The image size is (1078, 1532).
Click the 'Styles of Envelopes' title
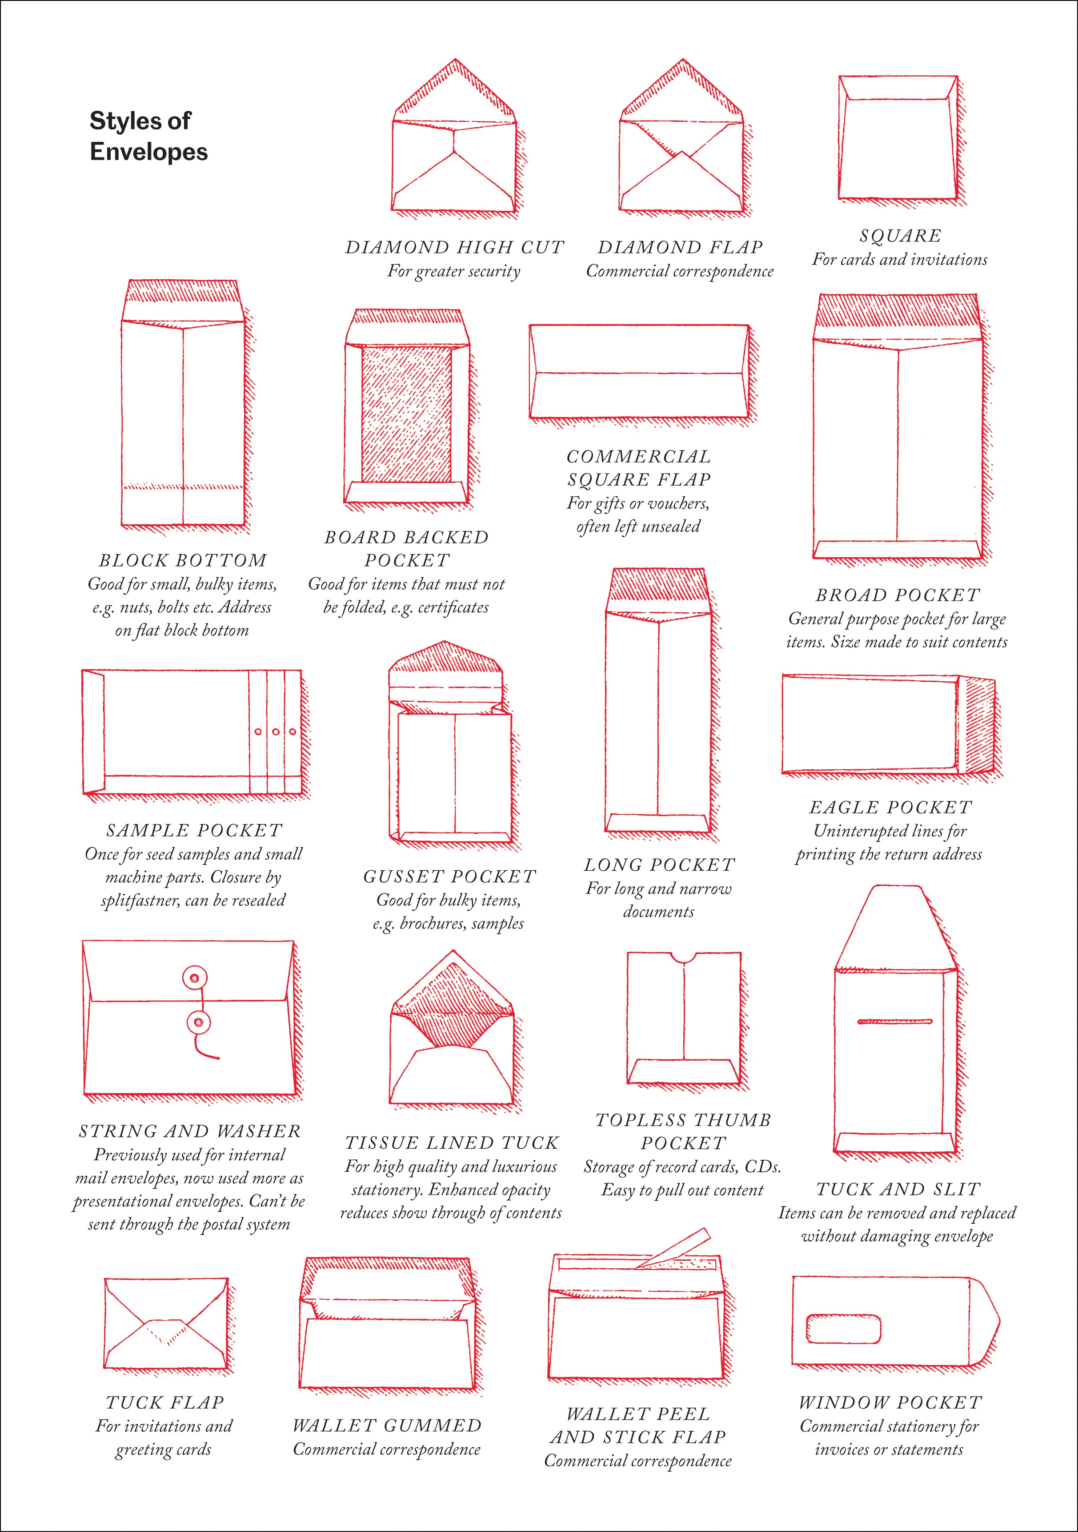tap(148, 136)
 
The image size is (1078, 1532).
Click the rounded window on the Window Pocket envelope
tap(843, 1328)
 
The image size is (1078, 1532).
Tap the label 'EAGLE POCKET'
tap(890, 808)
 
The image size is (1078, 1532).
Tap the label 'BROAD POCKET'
tap(898, 595)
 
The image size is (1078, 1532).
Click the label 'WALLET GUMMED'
tap(387, 1425)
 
